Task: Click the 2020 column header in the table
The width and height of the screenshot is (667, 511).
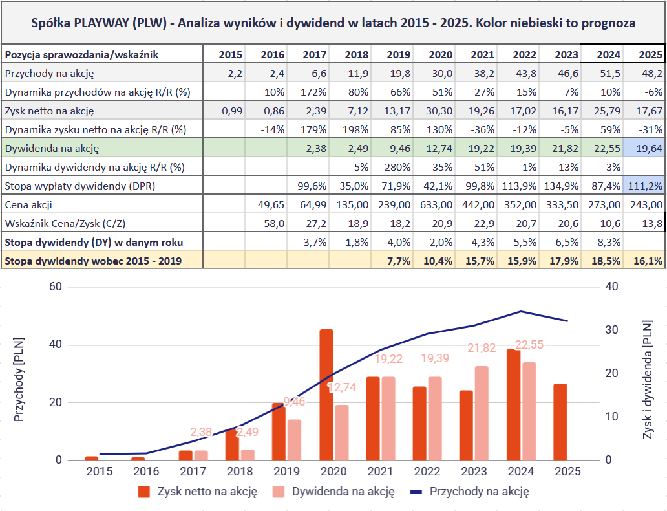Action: pos(438,55)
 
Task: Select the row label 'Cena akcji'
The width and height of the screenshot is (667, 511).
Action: pos(28,205)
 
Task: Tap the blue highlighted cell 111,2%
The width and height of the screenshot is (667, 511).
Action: pos(644,186)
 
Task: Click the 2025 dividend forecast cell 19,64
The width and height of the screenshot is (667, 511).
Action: pos(644,149)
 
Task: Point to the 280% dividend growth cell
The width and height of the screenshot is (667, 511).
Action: pos(395,168)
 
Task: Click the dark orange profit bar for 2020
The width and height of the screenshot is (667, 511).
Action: pos(326,395)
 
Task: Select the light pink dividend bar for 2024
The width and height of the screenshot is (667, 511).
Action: pos(529,411)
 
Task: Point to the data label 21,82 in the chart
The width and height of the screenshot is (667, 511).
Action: pos(481,348)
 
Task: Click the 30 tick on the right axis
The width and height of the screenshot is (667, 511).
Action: pos(611,330)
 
